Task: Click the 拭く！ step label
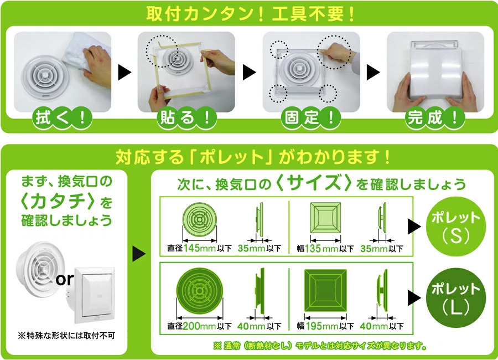[x=62, y=118]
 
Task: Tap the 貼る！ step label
[x=187, y=118]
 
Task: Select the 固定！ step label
[x=311, y=118]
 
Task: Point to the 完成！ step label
[x=435, y=118]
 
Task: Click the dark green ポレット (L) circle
[x=456, y=298]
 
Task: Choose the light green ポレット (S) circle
[x=456, y=227]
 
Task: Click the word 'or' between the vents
[x=65, y=280]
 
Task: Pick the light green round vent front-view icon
[x=199, y=219]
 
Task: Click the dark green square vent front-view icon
[x=325, y=291]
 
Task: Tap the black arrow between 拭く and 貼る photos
[x=124, y=72]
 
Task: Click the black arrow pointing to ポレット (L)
[x=414, y=298]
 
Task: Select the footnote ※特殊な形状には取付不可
[x=66, y=335]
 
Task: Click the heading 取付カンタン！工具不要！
[x=251, y=14]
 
